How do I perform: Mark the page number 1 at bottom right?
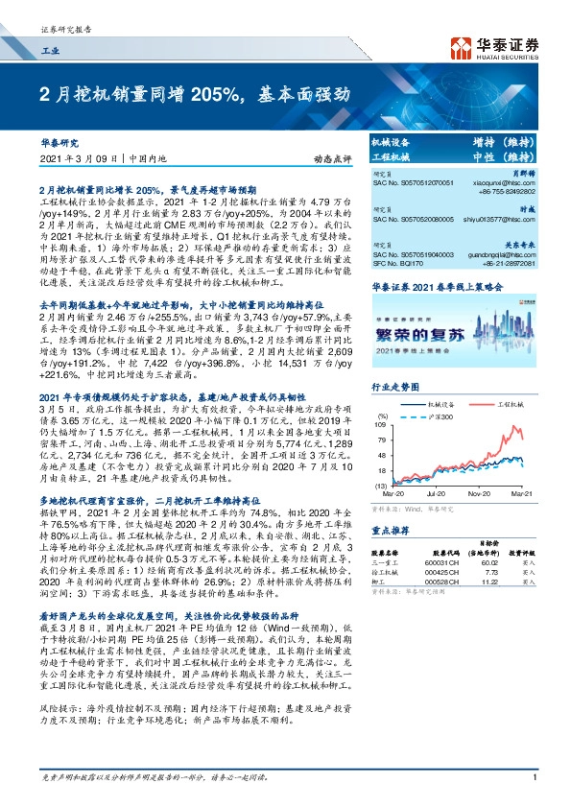(534, 790)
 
